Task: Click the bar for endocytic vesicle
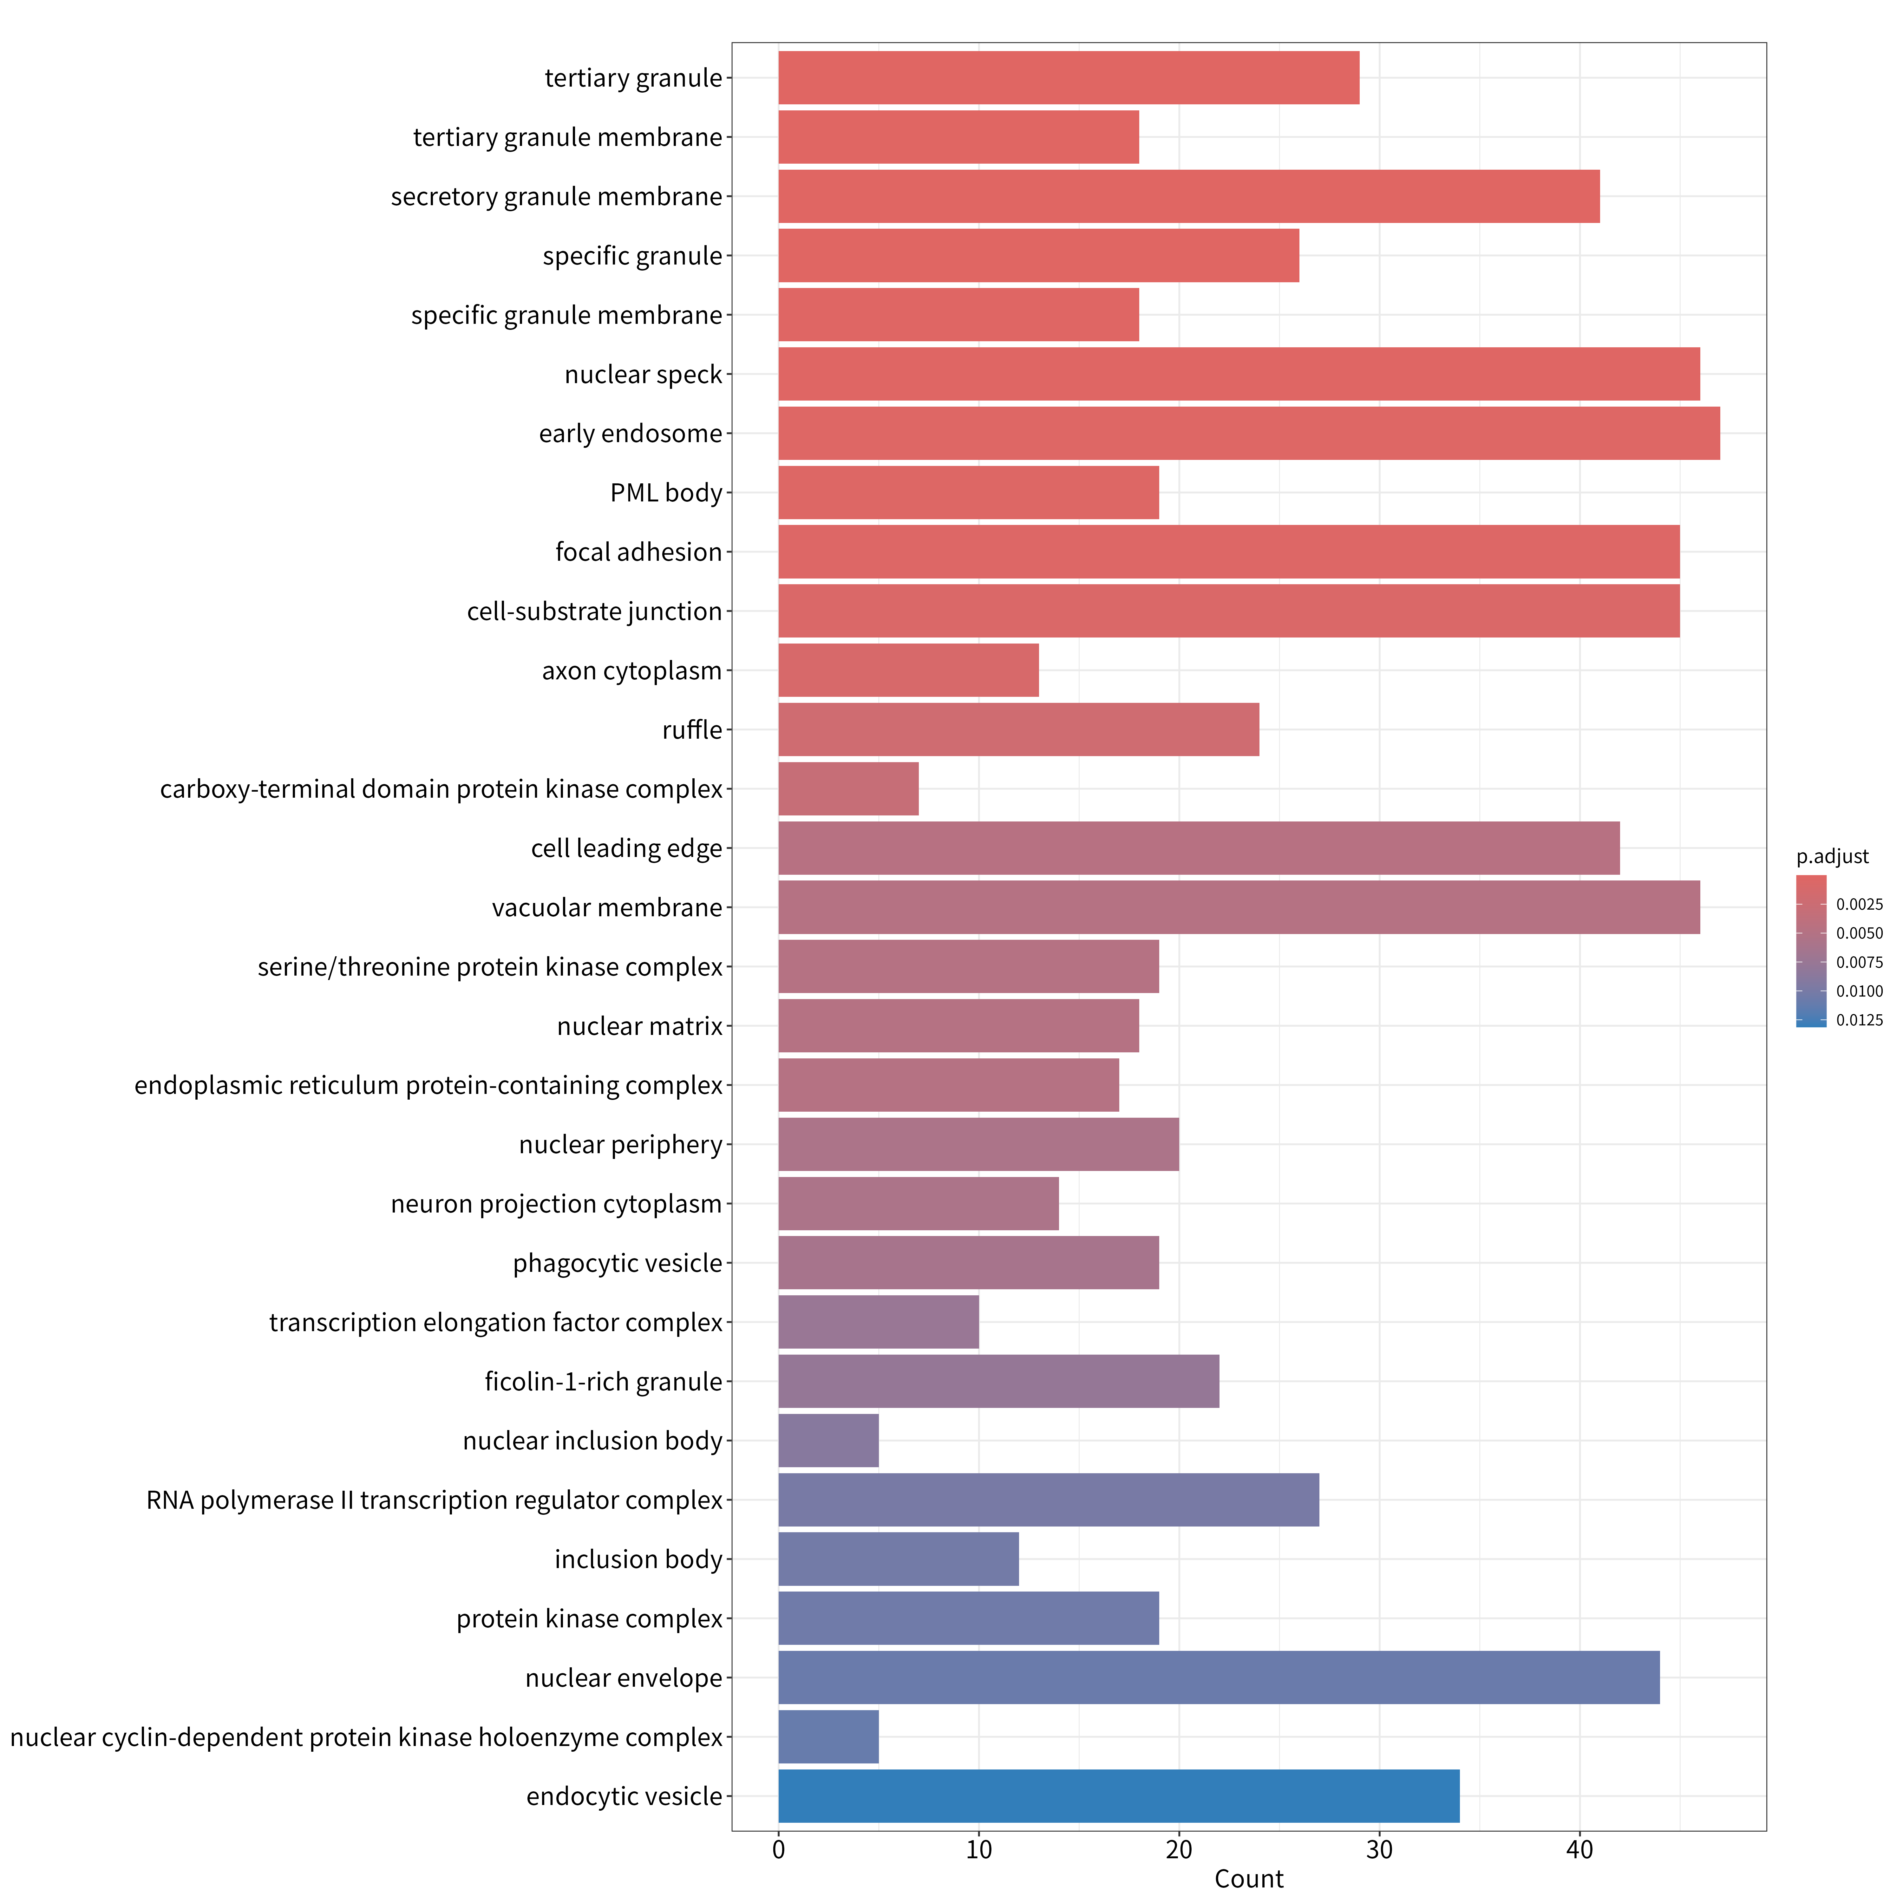tap(1119, 1795)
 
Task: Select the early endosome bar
tap(1249, 433)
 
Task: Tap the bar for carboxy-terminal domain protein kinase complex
tap(848, 789)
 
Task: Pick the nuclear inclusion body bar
tap(828, 1440)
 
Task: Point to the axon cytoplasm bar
tap(908, 670)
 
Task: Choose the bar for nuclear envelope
tap(1219, 1677)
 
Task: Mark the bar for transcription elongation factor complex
tap(879, 1322)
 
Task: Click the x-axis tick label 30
tap(1379, 1850)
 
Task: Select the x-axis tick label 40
tap(1580, 1850)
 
